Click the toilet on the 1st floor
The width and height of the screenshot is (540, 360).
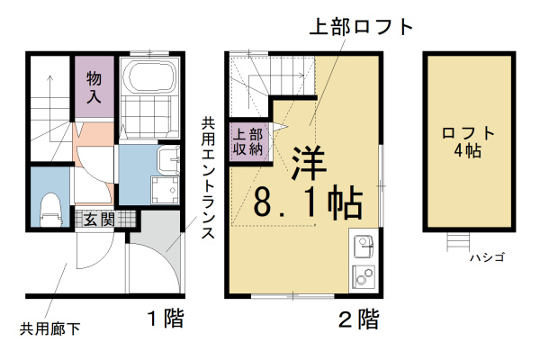click(x=50, y=208)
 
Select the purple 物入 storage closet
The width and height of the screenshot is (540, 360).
click(x=93, y=86)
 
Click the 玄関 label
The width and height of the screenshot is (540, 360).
click(x=99, y=219)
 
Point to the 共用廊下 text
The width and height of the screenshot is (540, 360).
click(x=50, y=328)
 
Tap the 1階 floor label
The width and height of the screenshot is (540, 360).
click(x=167, y=318)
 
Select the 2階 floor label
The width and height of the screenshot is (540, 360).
click(x=357, y=318)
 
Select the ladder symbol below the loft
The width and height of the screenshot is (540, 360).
click(x=458, y=241)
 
